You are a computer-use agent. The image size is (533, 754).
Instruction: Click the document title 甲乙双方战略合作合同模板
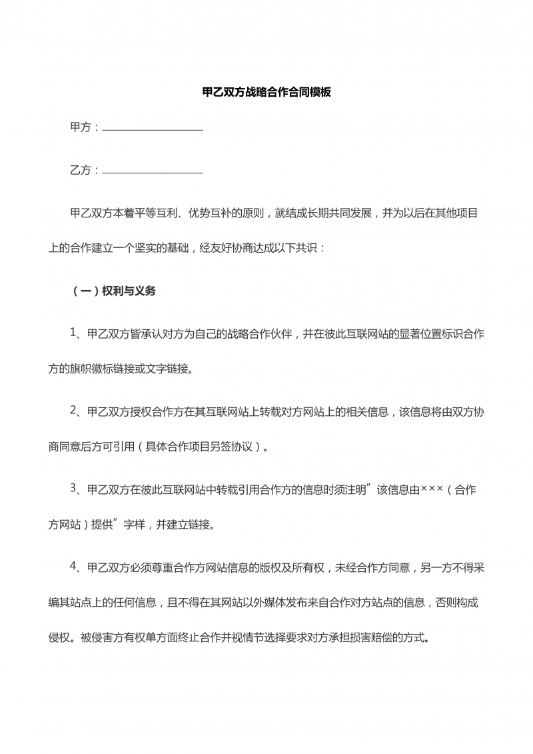[266, 93]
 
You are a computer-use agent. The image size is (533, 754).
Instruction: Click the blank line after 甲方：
[153, 128]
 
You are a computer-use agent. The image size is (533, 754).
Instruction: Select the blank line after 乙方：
[153, 171]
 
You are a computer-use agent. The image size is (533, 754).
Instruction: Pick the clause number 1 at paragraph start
[74, 333]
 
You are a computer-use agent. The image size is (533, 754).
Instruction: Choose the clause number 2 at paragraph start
[74, 411]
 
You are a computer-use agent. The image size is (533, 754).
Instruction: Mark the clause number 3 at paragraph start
[74, 489]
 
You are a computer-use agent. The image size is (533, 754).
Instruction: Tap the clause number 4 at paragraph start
[74, 567]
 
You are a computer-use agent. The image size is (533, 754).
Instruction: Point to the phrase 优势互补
[213, 213]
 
